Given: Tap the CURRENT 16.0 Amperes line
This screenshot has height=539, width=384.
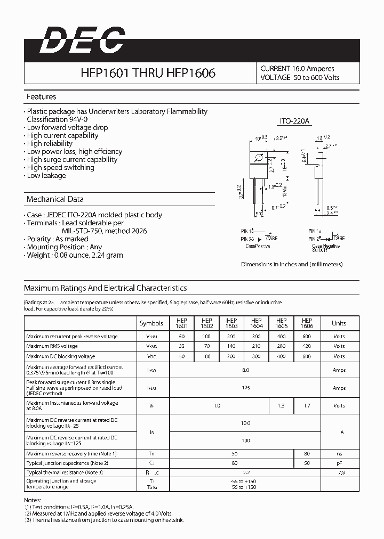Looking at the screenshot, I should tap(297, 69).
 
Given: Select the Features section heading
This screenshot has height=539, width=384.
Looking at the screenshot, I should tap(41, 97).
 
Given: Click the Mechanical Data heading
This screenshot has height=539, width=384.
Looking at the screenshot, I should tap(55, 199).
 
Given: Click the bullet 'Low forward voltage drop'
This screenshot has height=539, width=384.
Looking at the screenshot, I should tap(67, 127).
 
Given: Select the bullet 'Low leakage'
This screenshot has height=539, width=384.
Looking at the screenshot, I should tap(46, 175).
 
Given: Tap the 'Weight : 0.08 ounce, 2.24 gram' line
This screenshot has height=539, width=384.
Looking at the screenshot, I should tap(75, 255).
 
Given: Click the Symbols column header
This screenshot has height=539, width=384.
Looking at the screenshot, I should tap(151, 323).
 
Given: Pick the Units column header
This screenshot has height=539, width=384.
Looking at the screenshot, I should tap(339, 323).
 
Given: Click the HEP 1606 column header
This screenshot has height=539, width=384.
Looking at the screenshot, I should tap(307, 323).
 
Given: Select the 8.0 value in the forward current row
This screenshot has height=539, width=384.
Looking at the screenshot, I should tap(245, 370).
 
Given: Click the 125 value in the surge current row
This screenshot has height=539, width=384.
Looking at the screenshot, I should tap(245, 388).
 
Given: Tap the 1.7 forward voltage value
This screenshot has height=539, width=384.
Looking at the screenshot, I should tap(307, 405).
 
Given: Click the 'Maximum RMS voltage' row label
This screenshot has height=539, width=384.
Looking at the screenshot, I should tap(52, 346).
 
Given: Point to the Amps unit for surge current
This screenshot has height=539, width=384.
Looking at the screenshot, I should tap(339, 388).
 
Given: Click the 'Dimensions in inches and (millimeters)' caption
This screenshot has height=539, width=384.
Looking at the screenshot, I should tap(292, 264).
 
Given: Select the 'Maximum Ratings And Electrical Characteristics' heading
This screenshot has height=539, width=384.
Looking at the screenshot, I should tap(105, 288).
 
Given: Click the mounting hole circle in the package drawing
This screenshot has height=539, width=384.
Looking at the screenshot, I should tap(259, 158).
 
